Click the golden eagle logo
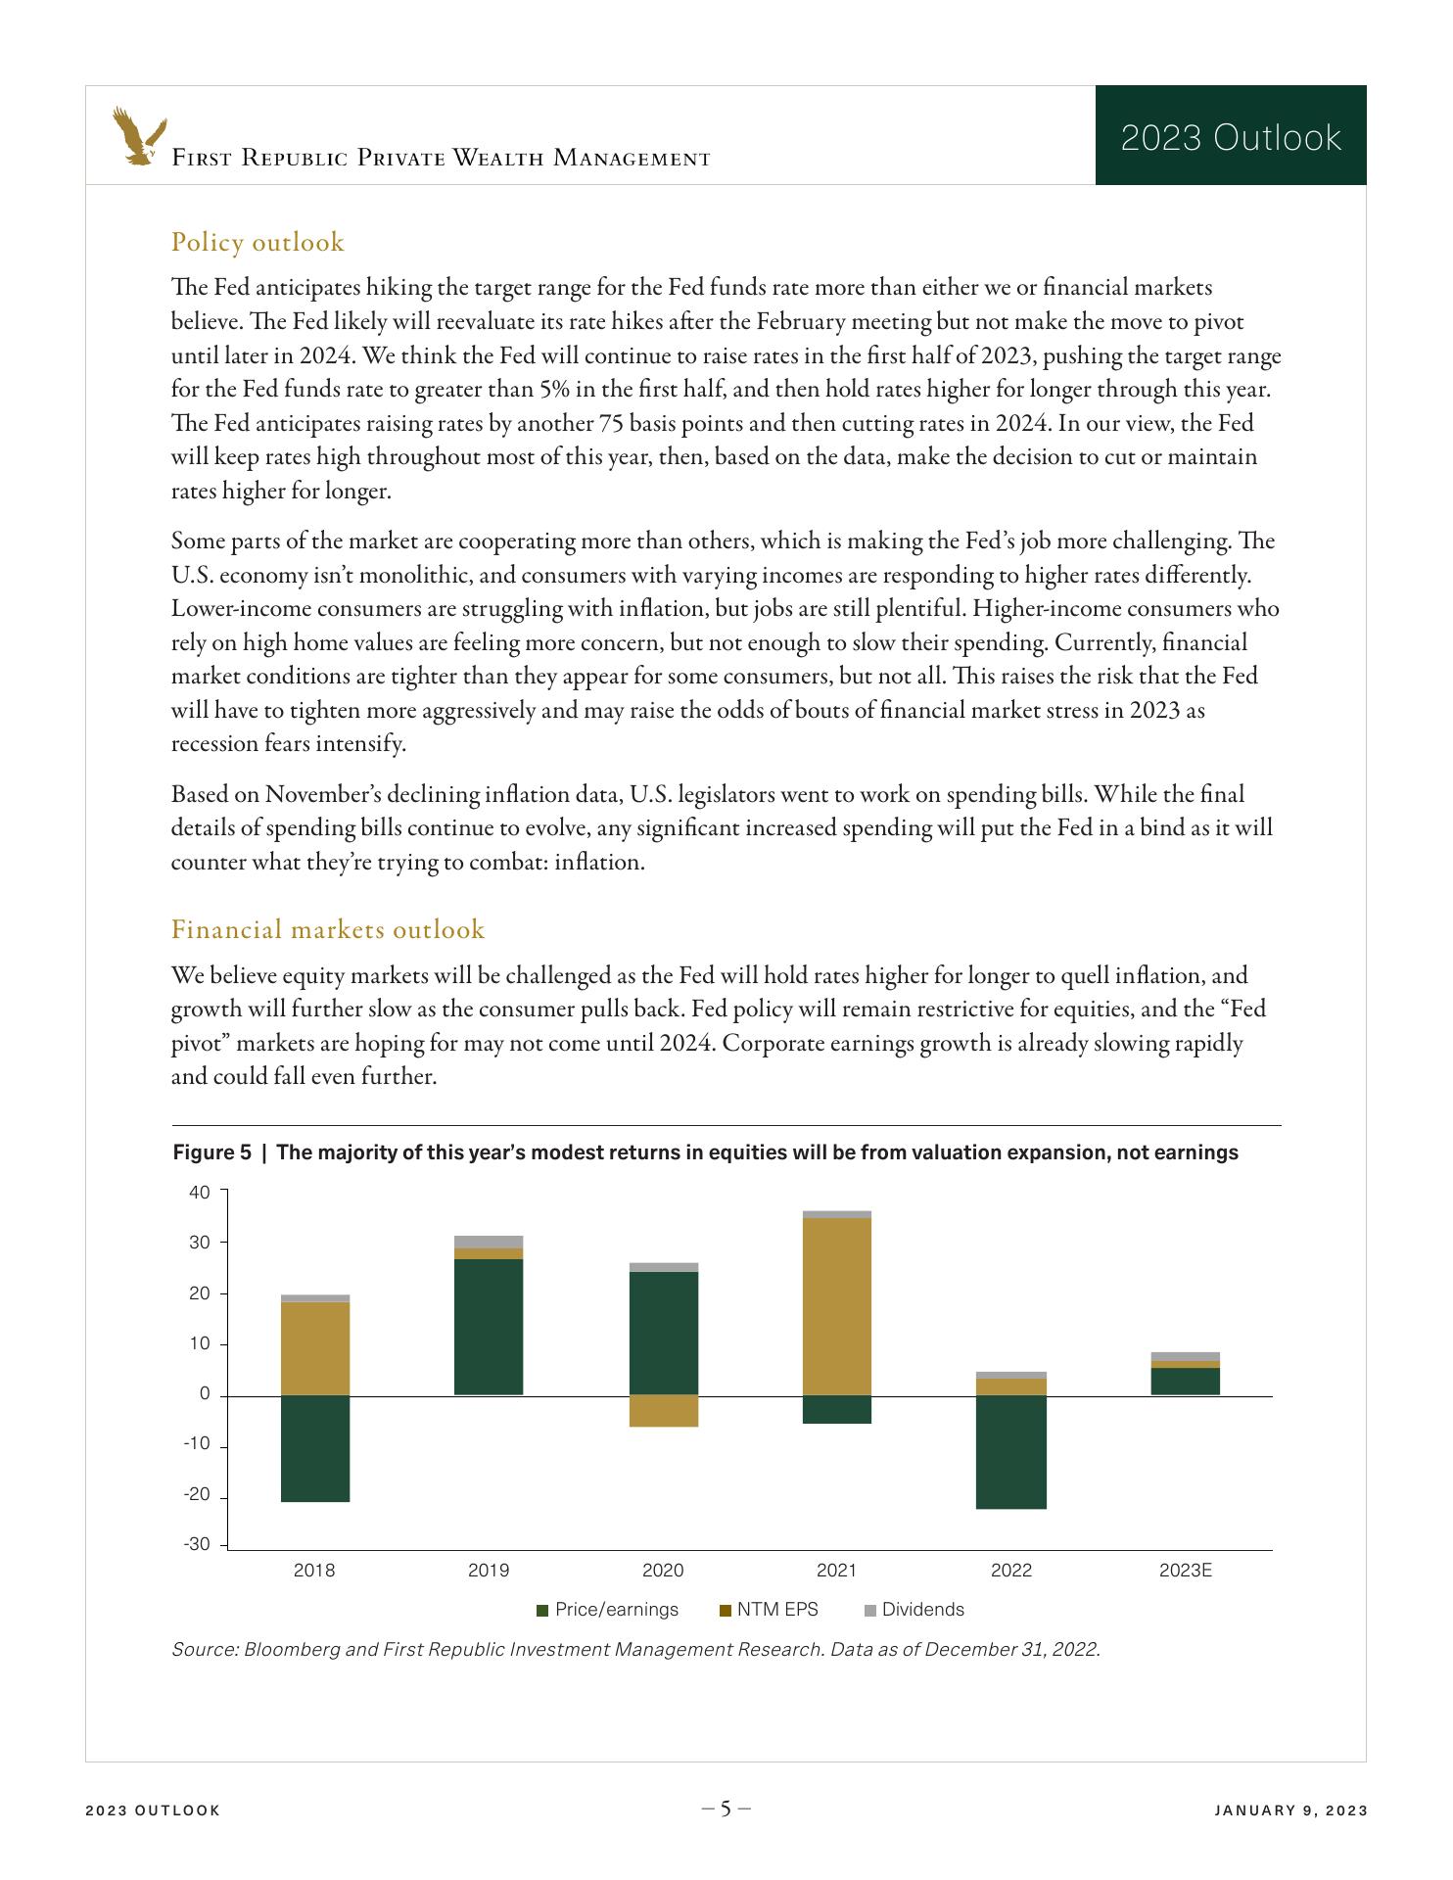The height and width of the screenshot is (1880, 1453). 138,136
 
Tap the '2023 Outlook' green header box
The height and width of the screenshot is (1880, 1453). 1230,136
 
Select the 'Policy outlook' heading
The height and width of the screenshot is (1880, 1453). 258,242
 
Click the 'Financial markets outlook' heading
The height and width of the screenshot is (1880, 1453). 328,929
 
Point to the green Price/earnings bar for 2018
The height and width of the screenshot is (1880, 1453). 315,1448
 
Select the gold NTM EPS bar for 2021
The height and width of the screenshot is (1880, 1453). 837,1306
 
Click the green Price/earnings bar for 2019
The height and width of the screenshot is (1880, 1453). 489,1327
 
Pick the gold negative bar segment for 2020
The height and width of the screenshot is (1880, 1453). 664,1411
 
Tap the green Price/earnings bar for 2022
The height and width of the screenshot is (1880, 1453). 1011,1452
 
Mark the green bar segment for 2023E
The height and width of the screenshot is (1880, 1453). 1186,1381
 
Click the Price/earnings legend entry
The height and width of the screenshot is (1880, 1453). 607,1610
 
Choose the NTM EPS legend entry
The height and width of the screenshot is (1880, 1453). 769,1610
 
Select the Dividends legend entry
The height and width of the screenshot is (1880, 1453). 914,1610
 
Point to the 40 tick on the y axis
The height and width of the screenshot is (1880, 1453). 200,1193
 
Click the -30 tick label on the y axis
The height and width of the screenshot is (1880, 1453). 197,1544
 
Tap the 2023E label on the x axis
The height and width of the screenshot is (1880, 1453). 1186,1571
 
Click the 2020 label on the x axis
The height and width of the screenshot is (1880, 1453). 663,1571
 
